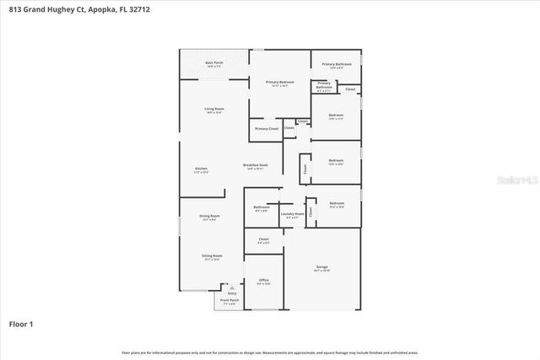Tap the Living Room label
(213, 110)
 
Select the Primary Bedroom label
(279, 83)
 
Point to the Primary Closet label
(267, 129)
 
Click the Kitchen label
(201, 169)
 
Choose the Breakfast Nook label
(255, 166)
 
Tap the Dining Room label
(209, 217)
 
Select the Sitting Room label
(212, 256)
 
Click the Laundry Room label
(293, 215)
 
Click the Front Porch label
(229, 301)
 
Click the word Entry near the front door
(221, 293)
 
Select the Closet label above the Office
(263, 240)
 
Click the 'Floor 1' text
(22, 324)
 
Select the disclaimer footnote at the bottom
(270, 352)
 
